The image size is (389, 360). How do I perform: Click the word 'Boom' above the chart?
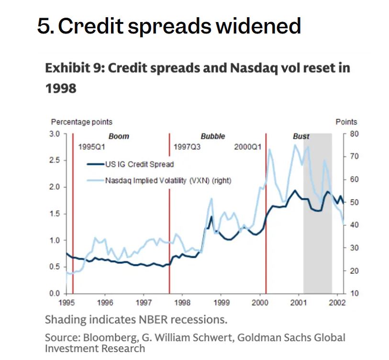pos(119,136)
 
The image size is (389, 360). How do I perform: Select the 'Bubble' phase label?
pos(212,136)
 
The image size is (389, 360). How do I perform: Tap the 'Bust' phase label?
pos(301,136)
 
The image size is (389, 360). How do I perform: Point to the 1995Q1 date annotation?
pos(91,147)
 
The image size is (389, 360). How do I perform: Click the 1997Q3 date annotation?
pos(187,147)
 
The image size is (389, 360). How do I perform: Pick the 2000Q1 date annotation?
pos(248,147)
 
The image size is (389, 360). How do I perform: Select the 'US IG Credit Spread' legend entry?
pos(139,164)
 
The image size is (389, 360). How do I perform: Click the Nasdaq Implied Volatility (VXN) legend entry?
pos(168,180)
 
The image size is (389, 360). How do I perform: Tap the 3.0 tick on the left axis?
pos(55,134)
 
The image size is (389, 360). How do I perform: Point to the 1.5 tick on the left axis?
pos(55,214)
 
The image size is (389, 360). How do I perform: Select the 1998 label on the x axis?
pos(182,303)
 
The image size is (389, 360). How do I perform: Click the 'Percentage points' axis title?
pos(82,122)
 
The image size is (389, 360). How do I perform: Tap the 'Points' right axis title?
pos(346,122)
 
